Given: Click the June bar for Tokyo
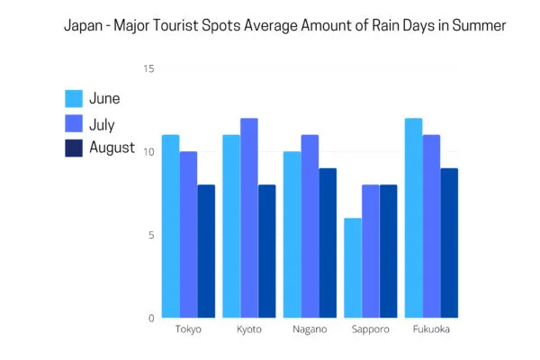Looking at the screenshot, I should pyautogui.click(x=170, y=226).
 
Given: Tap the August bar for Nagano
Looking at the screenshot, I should pyautogui.click(x=328, y=243).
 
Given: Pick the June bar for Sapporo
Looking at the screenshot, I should pyautogui.click(x=352, y=267).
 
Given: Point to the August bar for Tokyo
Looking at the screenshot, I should pyautogui.click(x=207, y=251).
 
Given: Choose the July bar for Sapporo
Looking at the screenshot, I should pyautogui.click(x=370, y=251).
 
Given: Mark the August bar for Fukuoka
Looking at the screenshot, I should pyautogui.click(x=450, y=243).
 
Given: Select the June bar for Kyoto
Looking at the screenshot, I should pyautogui.click(x=231, y=226).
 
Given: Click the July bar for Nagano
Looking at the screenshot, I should pyautogui.click(x=310, y=226).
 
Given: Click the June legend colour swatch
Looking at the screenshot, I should pyautogui.click(x=74, y=99).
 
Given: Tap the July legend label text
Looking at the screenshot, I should pyautogui.click(x=102, y=123).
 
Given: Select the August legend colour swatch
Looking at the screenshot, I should pyautogui.click(x=74, y=148).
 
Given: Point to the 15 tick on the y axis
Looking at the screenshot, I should pyautogui.click(x=149, y=69).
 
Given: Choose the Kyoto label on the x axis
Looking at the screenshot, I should pyautogui.click(x=249, y=329).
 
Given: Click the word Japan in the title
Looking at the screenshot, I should pyautogui.click(x=84, y=25).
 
